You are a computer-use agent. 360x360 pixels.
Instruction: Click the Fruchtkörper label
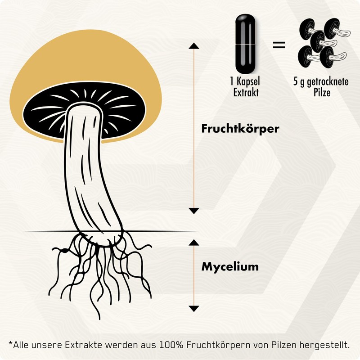(x=240, y=128)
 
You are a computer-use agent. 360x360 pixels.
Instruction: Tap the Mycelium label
(x=230, y=266)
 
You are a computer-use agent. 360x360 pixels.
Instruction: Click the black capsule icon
(x=244, y=45)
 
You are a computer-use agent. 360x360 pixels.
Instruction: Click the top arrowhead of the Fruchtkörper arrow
(x=193, y=45)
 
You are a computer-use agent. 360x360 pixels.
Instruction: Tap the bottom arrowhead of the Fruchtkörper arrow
(x=193, y=211)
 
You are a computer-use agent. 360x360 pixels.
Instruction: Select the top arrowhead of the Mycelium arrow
(x=193, y=242)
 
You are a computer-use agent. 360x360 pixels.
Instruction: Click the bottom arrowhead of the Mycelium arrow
(x=193, y=308)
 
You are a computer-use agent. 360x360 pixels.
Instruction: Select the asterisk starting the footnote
(x=11, y=344)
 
